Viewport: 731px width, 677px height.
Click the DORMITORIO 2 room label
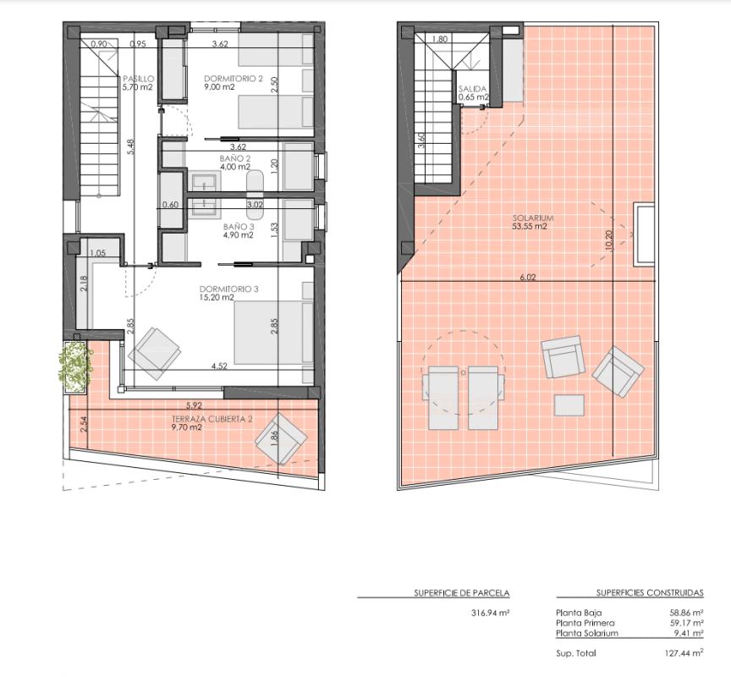click(234, 79)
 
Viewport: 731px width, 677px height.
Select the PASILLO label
click(138, 79)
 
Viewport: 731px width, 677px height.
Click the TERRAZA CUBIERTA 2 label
click(212, 419)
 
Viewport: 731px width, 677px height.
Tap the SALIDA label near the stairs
click(473, 88)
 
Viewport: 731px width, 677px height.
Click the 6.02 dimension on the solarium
click(528, 277)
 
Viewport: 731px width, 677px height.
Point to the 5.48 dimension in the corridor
click(130, 146)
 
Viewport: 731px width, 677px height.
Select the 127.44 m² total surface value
click(684, 653)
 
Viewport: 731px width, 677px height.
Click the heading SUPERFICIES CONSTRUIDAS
click(649, 593)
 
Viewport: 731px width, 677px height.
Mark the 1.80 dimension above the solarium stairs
click(439, 39)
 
